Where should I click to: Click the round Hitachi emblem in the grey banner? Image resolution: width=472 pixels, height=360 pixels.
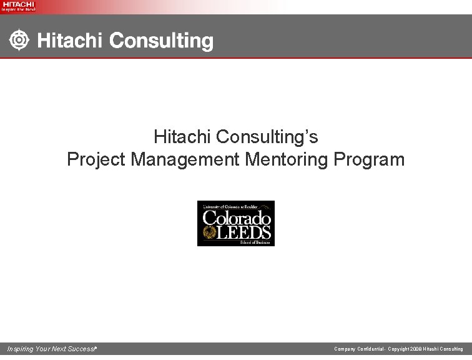tap(20, 41)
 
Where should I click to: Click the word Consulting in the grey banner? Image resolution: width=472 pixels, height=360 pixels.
tap(162, 42)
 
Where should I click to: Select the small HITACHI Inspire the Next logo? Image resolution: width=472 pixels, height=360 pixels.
tap(19, 6)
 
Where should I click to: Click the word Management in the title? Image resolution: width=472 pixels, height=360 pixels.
tap(185, 159)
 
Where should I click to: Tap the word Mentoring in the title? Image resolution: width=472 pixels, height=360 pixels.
tap(287, 159)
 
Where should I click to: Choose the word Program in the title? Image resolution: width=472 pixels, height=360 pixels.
tap(370, 159)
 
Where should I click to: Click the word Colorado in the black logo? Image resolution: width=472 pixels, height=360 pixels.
tap(237, 219)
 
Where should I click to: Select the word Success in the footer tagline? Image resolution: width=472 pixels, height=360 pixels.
tap(82, 349)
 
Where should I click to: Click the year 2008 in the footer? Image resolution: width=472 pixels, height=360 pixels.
tap(416, 349)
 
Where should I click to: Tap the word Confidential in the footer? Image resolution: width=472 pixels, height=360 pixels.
tap(370, 349)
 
